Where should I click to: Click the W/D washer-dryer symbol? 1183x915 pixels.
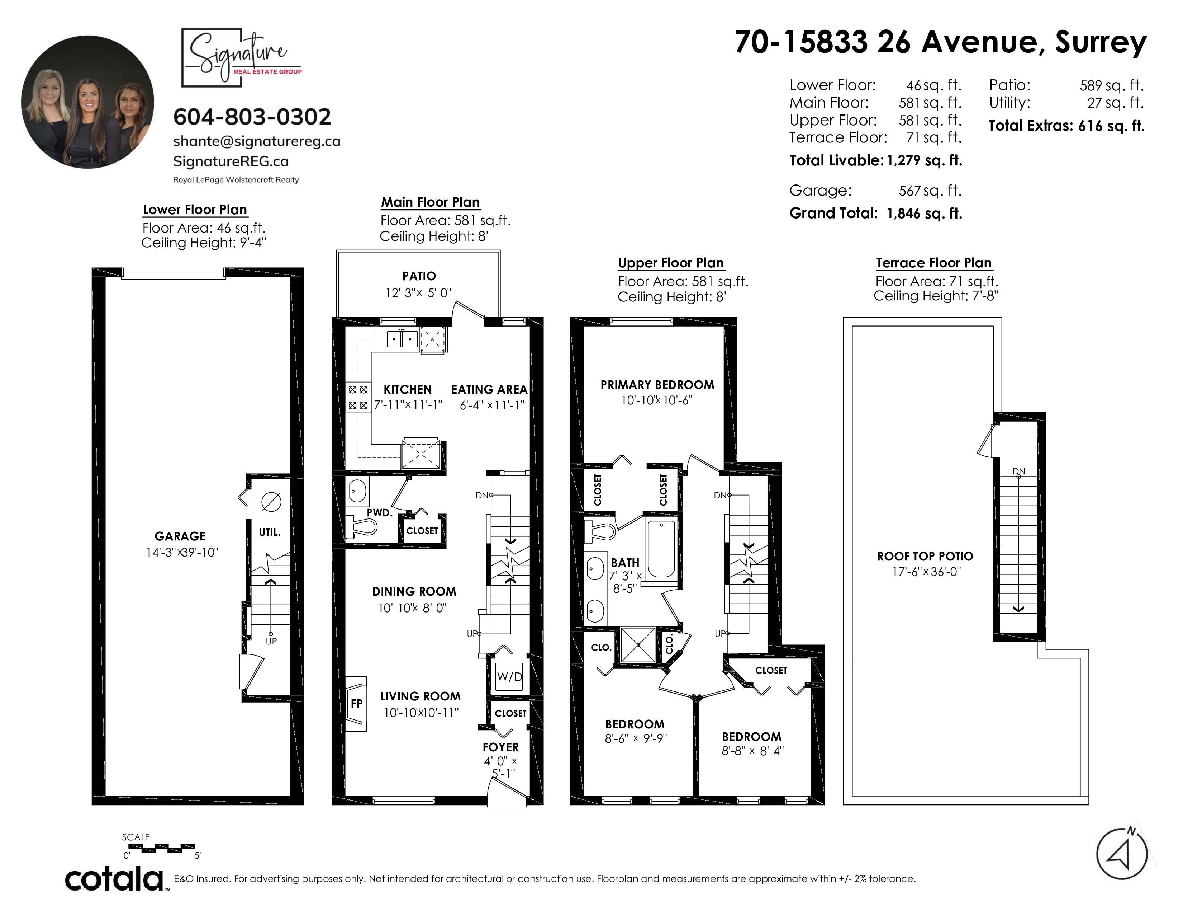tap(509, 676)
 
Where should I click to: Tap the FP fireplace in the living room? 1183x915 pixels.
tap(356, 704)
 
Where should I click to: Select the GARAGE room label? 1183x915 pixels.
tap(180, 536)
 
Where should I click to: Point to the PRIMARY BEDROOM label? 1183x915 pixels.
tap(657, 385)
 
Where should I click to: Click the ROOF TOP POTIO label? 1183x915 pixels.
tap(925, 556)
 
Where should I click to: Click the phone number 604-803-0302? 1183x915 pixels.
tap(252, 117)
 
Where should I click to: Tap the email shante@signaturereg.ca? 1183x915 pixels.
tap(257, 141)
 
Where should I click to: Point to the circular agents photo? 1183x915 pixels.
tap(88, 102)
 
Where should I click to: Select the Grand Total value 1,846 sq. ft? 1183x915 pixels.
tap(924, 213)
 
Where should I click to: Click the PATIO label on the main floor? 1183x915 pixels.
tap(419, 276)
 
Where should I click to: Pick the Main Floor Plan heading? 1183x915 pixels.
tap(430, 202)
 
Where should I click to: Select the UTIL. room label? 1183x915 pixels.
tap(269, 532)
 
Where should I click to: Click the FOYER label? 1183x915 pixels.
tap(500, 747)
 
